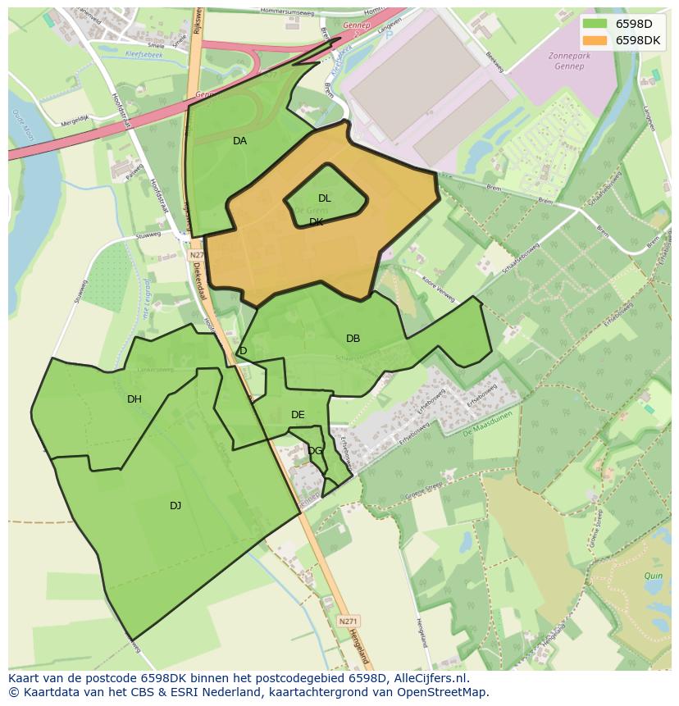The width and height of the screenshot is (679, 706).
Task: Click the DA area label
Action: tap(239, 141)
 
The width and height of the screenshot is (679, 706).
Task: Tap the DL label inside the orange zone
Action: tap(325, 198)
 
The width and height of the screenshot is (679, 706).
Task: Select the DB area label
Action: tap(353, 339)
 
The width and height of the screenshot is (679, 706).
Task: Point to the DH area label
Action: tap(134, 399)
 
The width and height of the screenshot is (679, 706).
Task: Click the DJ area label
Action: tap(175, 506)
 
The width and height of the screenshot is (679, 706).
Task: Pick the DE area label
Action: tap(298, 415)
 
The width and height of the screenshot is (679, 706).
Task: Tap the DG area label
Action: tap(315, 450)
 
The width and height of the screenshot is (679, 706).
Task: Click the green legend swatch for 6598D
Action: tap(595, 24)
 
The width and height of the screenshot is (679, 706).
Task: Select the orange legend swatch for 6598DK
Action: tap(595, 39)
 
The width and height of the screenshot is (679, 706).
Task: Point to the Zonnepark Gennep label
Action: tap(566, 61)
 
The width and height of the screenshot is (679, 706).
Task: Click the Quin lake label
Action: tap(652, 576)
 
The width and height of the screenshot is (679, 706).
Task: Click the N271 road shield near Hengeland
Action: tap(348, 622)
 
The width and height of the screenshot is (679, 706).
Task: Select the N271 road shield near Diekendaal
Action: tap(196, 255)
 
